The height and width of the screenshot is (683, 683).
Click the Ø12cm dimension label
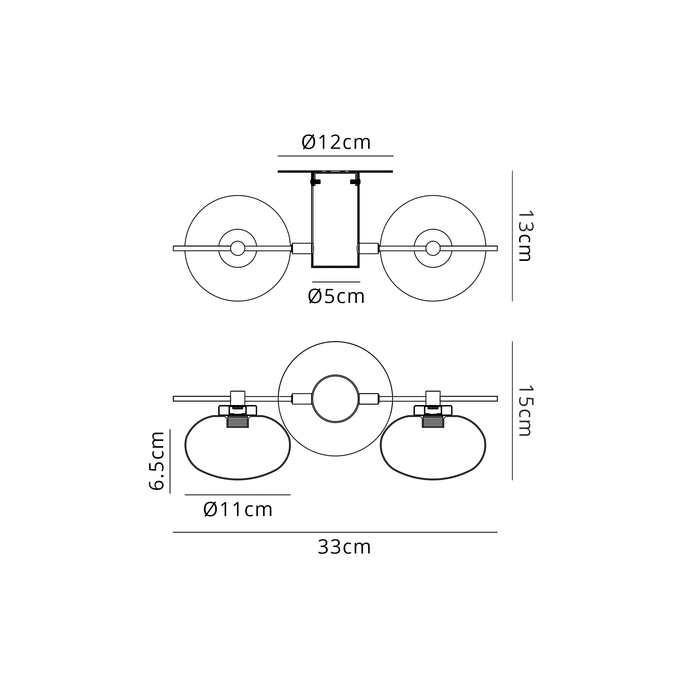point(336,142)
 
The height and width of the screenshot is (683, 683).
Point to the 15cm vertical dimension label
point(525,410)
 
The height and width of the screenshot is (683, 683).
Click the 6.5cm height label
point(157,461)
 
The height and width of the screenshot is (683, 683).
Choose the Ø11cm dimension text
point(238,510)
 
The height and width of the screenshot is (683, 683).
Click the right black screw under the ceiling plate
point(355,182)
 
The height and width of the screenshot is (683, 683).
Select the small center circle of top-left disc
point(238,248)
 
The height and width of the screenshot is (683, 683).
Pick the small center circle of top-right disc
point(433,248)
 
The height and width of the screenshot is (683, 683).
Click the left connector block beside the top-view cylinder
point(302,248)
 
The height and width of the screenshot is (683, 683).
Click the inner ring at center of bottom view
point(335,399)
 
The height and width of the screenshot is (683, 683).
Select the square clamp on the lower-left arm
point(238,398)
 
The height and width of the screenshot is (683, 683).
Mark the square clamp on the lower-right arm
point(433,398)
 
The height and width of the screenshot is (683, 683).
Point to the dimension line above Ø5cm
point(336,282)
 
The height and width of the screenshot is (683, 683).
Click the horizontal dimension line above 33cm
point(335,532)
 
